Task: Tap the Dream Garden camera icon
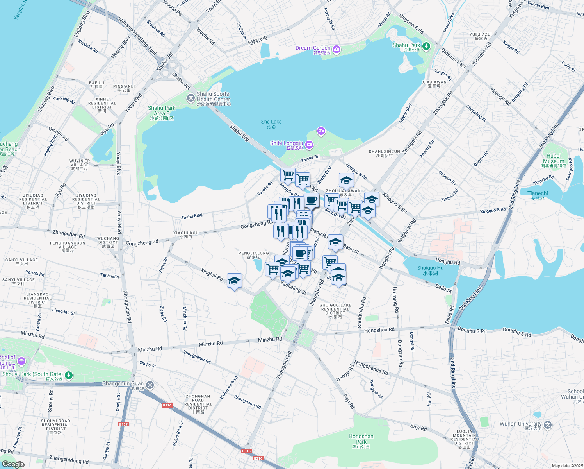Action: (x=337, y=49)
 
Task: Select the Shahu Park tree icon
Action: (x=426, y=47)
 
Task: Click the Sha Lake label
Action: (x=271, y=124)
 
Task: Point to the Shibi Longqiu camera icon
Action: (x=309, y=145)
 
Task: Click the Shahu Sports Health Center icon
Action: (x=191, y=98)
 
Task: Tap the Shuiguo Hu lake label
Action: (x=430, y=270)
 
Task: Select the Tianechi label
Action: (x=538, y=195)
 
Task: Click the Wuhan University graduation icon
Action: (x=548, y=425)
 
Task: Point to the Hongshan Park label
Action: (x=361, y=439)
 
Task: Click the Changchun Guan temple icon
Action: (x=150, y=385)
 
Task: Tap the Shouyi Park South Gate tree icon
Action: (x=69, y=375)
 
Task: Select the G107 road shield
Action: (x=123, y=424)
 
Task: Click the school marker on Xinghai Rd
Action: (x=234, y=281)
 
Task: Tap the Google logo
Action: (x=13, y=464)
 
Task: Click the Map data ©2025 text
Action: (x=567, y=465)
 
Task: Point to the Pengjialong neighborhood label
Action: (x=254, y=255)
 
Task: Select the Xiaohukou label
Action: (x=186, y=234)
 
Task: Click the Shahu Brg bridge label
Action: (x=239, y=133)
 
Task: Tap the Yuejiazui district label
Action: (x=481, y=36)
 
